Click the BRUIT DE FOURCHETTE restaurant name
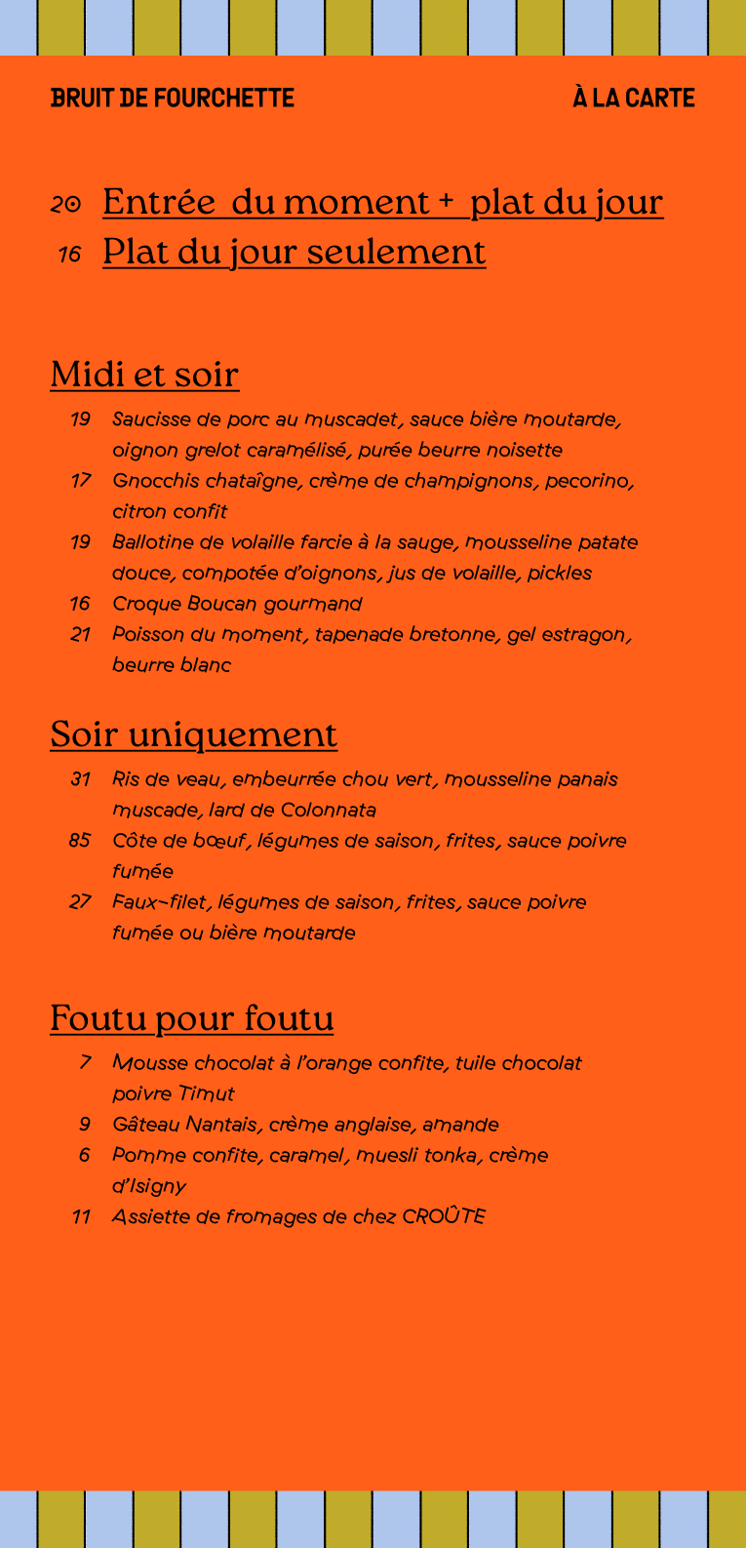(x=173, y=98)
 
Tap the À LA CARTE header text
(x=634, y=98)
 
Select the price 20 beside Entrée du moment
(x=65, y=204)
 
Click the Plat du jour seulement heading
(x=294, y=252)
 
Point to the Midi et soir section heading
(x=144, y=375)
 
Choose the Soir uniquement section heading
(x=193, y=734)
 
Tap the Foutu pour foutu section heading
(x=191, y=1017)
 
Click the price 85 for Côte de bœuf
(x=80, y=841)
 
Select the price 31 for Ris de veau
(x=81, y=779)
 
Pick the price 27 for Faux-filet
(x=80, y=902)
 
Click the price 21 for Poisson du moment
(x=81, y=635)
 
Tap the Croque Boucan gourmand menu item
(x=237, y=604)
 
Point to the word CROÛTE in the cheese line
(x=444, y=1216)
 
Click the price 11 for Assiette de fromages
(x=82, y=1217)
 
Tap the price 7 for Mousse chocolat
(x=86, y=1063)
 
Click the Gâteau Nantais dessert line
(x=305, y=1125)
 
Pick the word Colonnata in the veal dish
(x=328, y=811)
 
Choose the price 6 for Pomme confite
(x=85, y=1156)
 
